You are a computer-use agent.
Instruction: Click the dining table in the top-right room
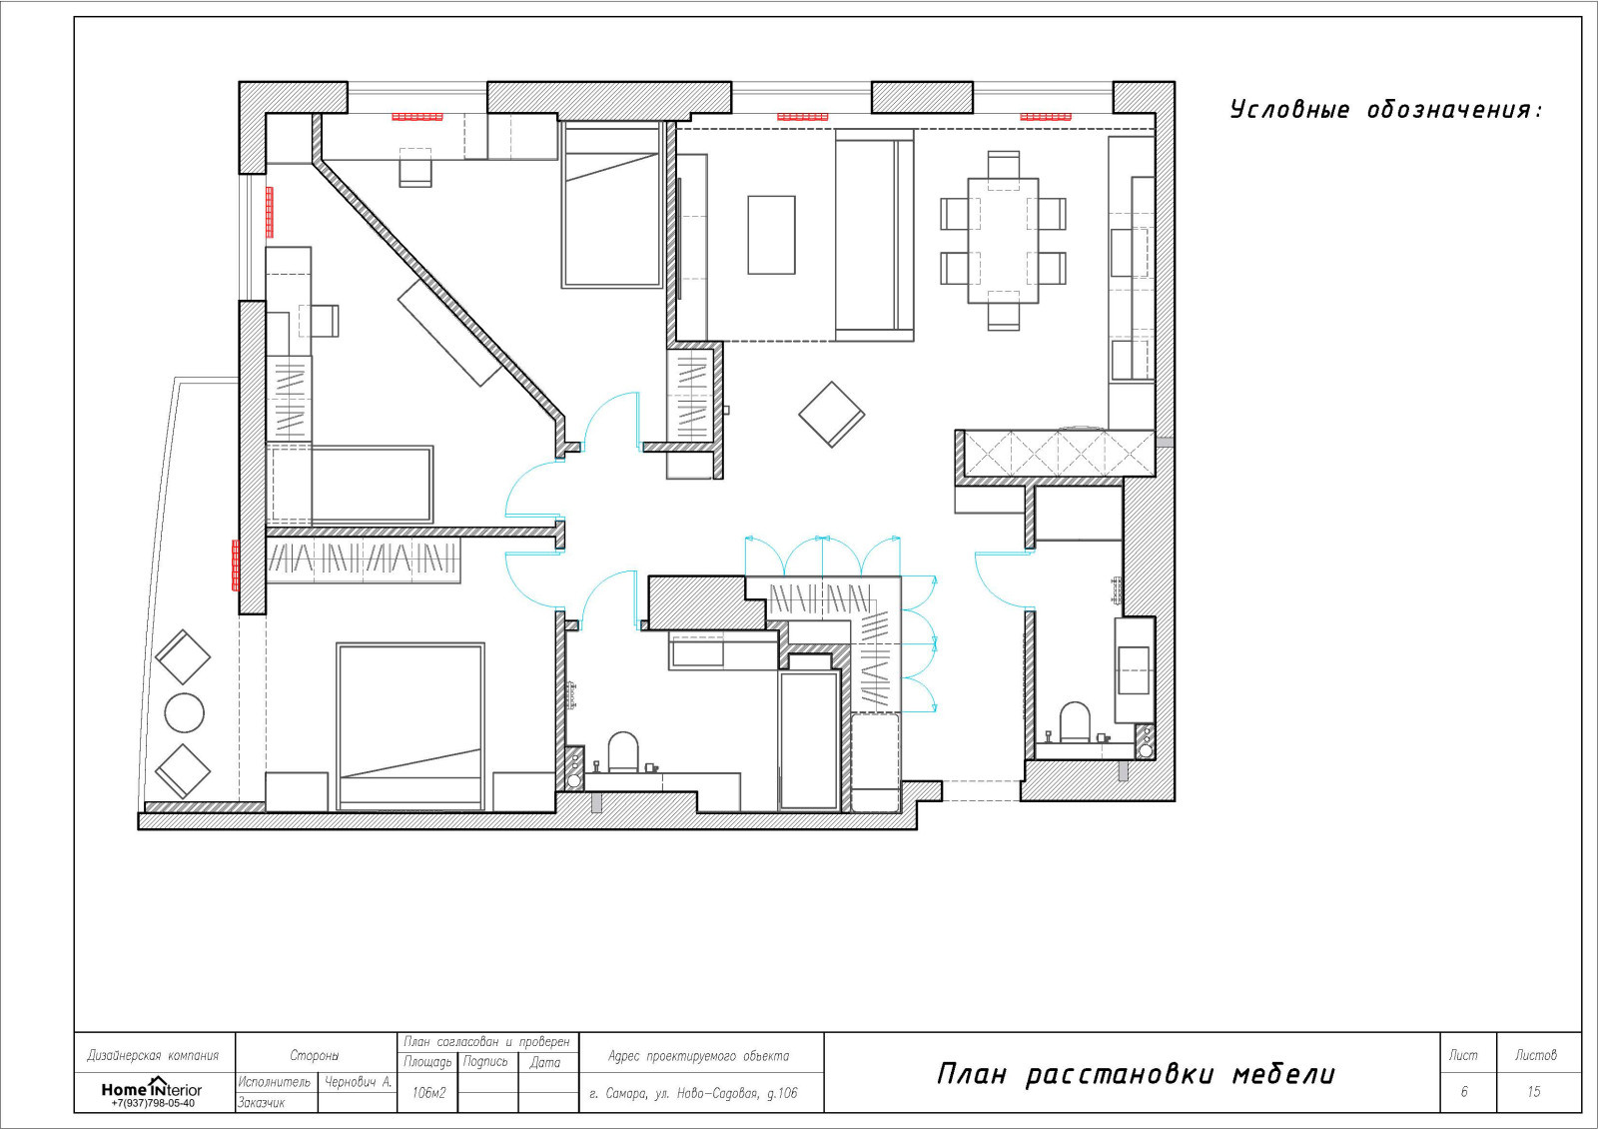point(1003,241)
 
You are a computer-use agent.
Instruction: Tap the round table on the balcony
point(184,712)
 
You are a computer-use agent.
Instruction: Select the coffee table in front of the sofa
point(771,235)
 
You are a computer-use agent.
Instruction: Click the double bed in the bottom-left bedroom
point(410,726)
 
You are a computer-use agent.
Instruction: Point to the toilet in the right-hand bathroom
point(1075,722)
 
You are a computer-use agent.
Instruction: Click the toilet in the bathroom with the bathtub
point(623,751)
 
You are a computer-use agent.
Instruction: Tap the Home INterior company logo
point(151,1088)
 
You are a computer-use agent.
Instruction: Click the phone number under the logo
point(153,1103)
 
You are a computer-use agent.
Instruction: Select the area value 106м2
point(428,1093)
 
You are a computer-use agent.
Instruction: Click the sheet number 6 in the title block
point(1464,1092)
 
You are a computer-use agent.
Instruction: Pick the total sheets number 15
point(1533,1092)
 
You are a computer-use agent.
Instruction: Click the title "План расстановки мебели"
point(1136,1074)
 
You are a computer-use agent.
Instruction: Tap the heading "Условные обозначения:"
point(1386,110)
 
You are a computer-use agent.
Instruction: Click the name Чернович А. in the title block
point(359,1082)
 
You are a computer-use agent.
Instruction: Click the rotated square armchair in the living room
point(831,415)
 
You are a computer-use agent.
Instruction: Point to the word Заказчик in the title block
point(261,1103)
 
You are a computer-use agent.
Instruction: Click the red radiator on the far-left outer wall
point(236,565)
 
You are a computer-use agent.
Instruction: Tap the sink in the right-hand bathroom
point(1133,670)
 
